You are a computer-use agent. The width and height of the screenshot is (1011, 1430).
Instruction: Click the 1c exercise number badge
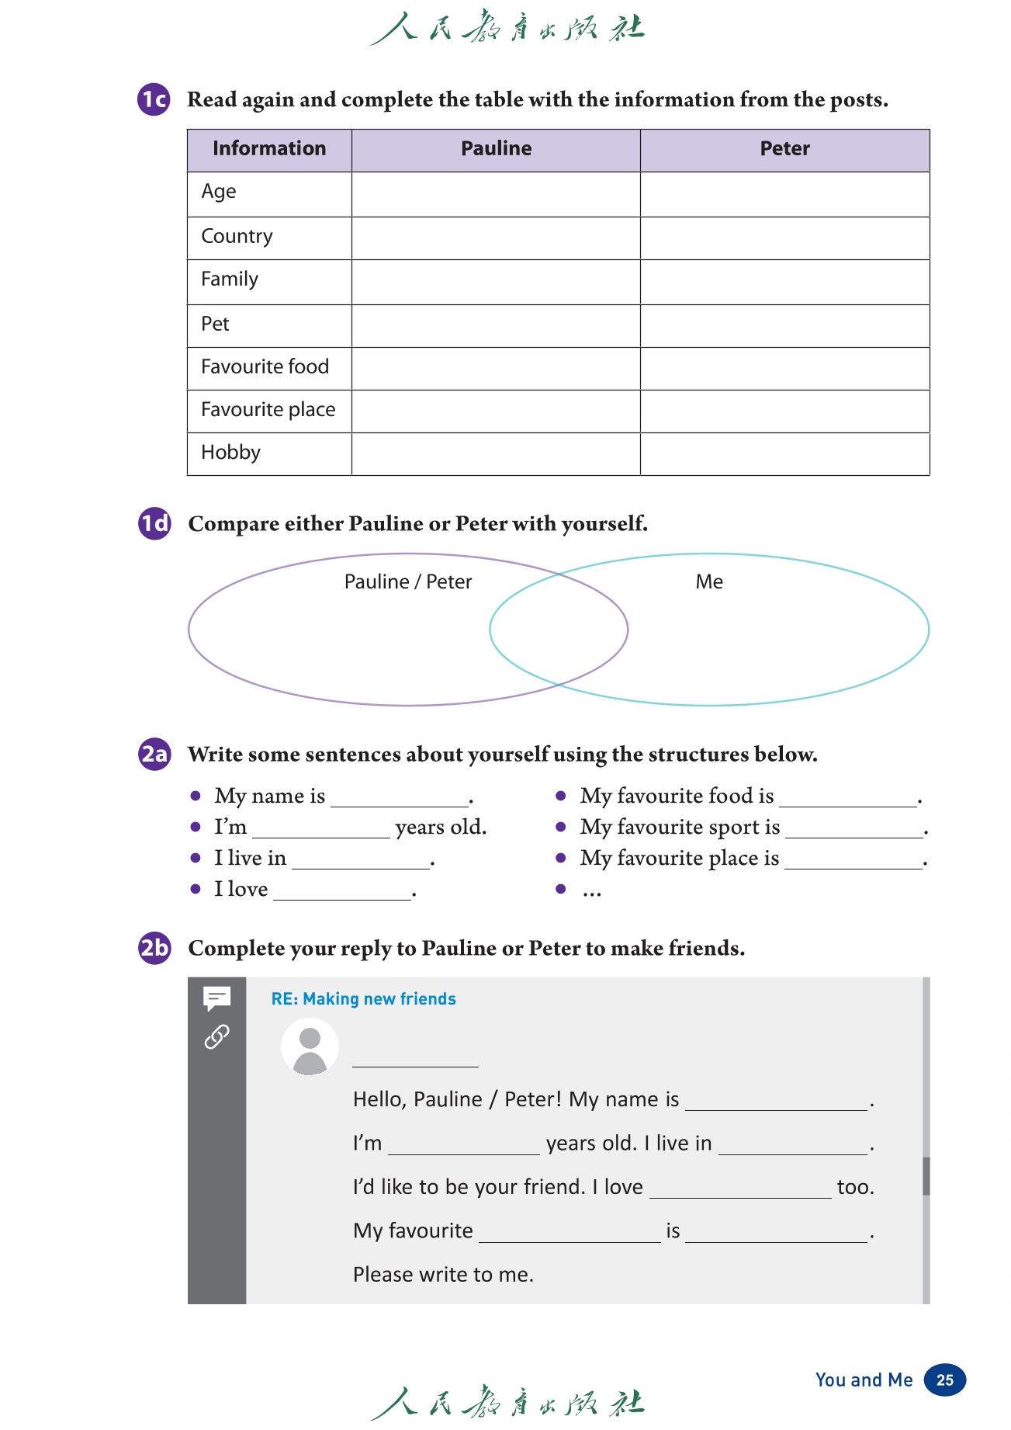[x=154, y=99]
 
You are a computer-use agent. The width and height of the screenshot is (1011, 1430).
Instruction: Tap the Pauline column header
[x=496, y=149]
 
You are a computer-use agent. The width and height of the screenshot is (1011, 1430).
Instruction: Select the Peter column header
[x=784, y=149]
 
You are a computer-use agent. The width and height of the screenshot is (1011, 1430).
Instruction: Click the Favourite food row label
[x=265, y=366]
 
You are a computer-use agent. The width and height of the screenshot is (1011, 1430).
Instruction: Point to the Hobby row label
[x=230, y=453]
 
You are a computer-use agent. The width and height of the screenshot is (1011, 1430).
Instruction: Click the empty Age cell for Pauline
[x=496, y=193]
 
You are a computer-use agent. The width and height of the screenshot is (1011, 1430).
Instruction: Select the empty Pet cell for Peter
[x=784, y=325]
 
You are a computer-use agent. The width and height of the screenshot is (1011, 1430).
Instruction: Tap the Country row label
[x=237, y=237]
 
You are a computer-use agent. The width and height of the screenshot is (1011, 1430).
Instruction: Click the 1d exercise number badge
[x=154, y=523]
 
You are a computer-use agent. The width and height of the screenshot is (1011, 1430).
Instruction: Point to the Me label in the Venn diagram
[x=709, y=582]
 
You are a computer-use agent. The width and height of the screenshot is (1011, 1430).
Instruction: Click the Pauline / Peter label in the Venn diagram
[x=408, y=582]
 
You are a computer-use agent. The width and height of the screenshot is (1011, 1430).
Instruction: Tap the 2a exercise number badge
[x=154, y=754]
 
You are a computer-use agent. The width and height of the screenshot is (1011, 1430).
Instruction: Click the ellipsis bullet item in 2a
[x=592, y=890]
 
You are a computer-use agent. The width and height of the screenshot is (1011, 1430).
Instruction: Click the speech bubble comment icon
[x=216, y=998]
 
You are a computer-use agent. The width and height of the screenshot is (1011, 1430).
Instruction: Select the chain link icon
[x=216, y=1036]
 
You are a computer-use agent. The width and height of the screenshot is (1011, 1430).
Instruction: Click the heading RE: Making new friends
[x=363, y=999]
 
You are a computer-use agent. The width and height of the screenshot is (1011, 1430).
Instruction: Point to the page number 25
[x=945, y=1380]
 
